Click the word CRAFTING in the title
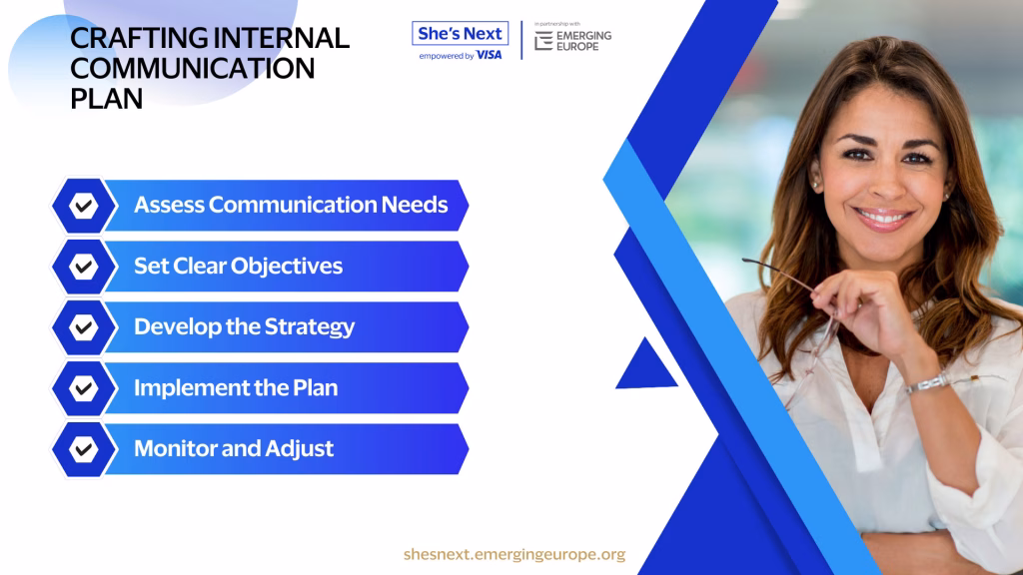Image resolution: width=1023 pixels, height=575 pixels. tap(138, 38)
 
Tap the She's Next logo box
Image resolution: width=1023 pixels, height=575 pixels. tap(460, 33)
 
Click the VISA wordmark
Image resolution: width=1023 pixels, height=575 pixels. tap(489, 56)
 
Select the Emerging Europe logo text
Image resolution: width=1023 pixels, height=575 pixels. tap(583, 41)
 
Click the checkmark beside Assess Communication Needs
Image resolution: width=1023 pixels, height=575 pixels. tap(84, 206)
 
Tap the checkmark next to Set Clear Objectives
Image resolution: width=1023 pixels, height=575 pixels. tap(84, 267)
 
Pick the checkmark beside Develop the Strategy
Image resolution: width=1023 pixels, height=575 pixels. tap(84, 327)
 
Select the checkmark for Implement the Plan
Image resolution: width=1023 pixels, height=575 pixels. tap(84, 388)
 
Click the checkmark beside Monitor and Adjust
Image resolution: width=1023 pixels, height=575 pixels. tap(84, 449)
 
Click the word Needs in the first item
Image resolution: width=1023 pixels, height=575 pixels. tap(415, 205)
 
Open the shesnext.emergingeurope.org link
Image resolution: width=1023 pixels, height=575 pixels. tap(514, 554)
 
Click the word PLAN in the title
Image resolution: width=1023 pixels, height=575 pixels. tap(106, 99)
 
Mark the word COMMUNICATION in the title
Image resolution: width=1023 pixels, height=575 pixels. tap(193, 69)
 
